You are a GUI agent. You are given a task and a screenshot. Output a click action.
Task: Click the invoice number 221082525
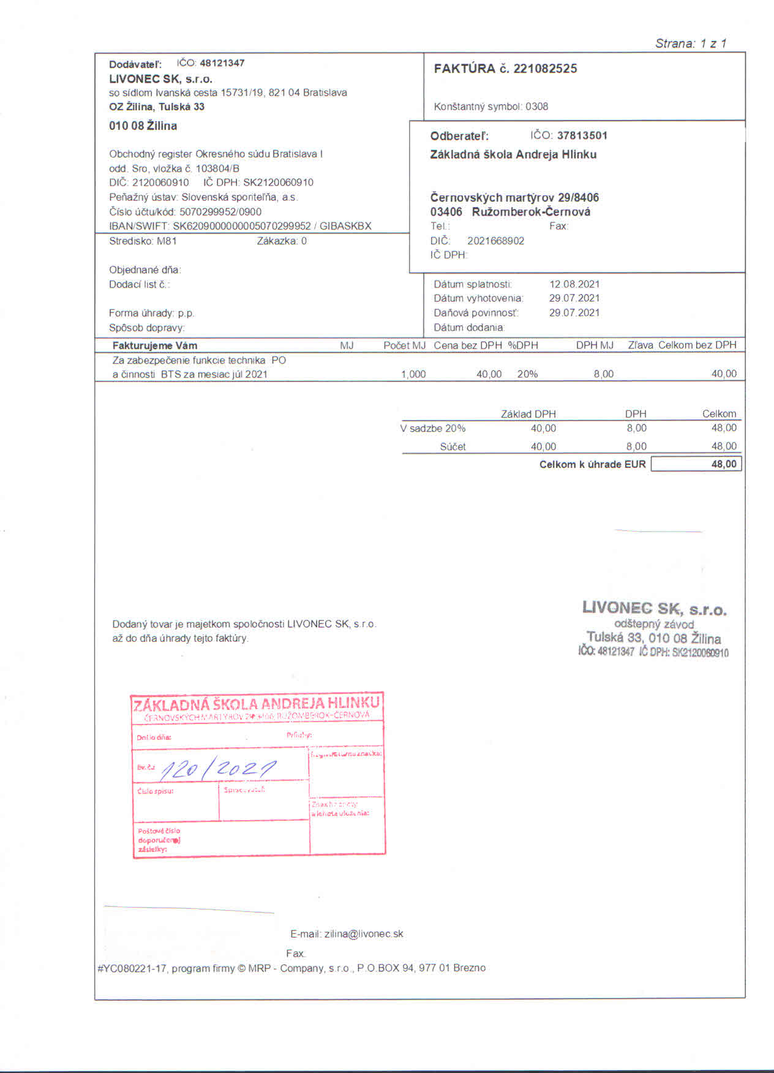click(545, 69)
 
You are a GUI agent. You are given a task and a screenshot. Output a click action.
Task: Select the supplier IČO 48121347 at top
click(222, 63)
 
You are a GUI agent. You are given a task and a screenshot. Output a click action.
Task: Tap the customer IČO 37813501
click(582, 135)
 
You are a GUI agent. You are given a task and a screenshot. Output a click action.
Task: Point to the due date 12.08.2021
click(574, 284)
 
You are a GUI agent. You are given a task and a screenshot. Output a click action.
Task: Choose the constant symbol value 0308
click(536, 107)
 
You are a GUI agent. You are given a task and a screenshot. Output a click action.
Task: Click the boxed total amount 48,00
click(724, 464)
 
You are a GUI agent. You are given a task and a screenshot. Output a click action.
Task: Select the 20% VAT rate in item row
click(527, 374)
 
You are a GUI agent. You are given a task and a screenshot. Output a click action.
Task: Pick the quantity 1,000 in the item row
click(413, 374)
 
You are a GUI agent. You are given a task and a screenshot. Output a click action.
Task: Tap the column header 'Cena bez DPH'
click(468, 345)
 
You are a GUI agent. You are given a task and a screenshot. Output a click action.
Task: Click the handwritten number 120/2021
click(218, 769)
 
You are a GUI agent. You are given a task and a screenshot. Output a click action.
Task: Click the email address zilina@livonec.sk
click(364, 934)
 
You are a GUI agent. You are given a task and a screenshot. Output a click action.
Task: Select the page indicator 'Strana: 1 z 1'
click(691, 43)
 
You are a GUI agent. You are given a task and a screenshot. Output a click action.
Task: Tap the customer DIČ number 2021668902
click(495, 241)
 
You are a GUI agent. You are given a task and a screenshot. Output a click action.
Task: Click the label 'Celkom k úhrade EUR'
click(592, 464)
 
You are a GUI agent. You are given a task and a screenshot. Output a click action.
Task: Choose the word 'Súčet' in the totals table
click(453, 446)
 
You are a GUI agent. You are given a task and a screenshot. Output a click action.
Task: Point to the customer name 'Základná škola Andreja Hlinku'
click(513, 154)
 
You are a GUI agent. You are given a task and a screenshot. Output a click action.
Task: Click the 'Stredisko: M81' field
click(143, 241)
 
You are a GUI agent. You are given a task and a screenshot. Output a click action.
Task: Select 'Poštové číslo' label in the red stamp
click(159, 831)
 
